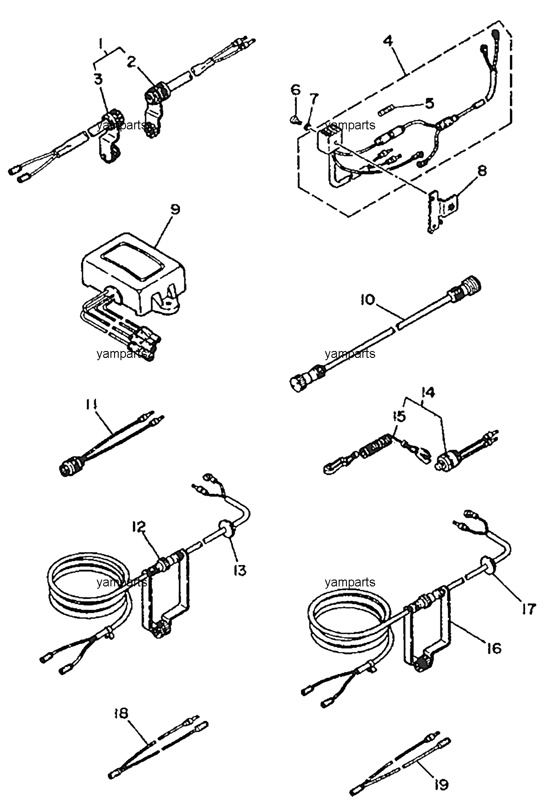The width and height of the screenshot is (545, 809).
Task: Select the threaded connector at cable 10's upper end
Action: tap(466, 289)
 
